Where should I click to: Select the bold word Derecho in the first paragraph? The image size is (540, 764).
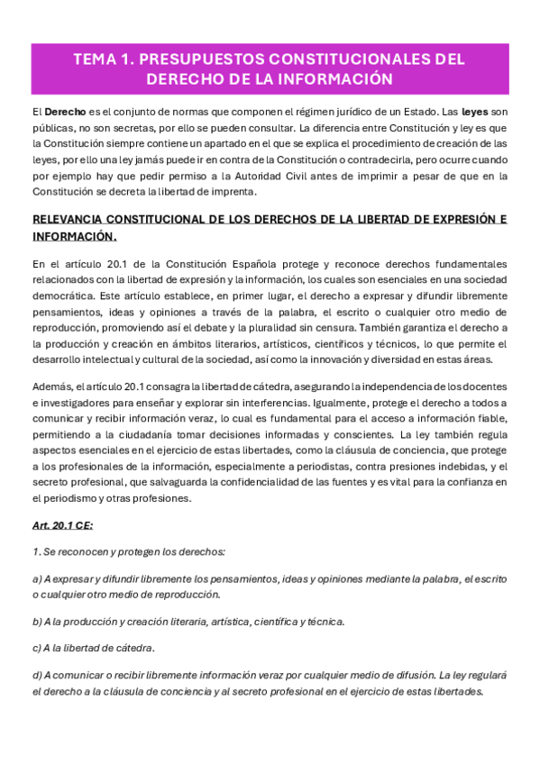(66, 111)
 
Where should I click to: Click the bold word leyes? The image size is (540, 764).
(476, 111)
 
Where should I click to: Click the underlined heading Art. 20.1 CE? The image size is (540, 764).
(63, 524)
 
